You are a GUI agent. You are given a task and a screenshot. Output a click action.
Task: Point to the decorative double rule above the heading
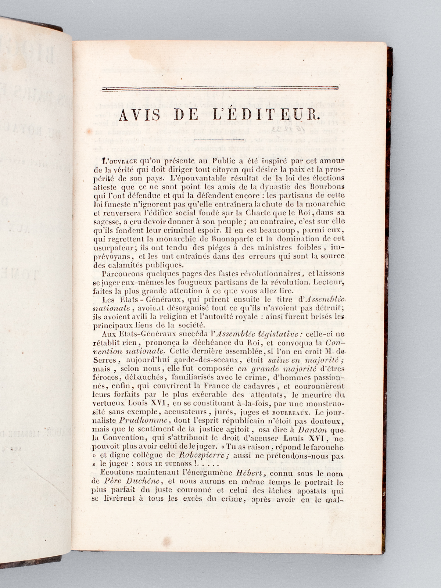coord(220,89)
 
